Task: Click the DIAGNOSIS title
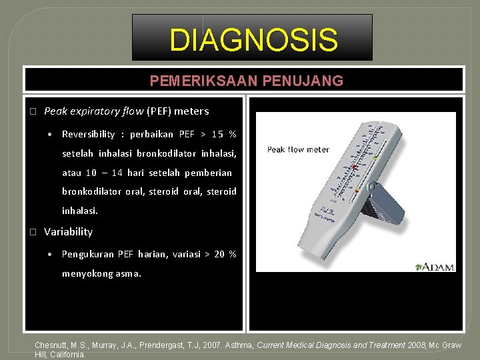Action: [x=253, y=39]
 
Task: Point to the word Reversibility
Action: [x=88, y=134]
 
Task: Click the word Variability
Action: [x=68, y=232]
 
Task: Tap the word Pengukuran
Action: [x=87, y=254]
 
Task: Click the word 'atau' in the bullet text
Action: [x=71, y=173]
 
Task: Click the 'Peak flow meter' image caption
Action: [x=298, y=149]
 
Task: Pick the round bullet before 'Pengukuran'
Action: [x=51, y=254]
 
